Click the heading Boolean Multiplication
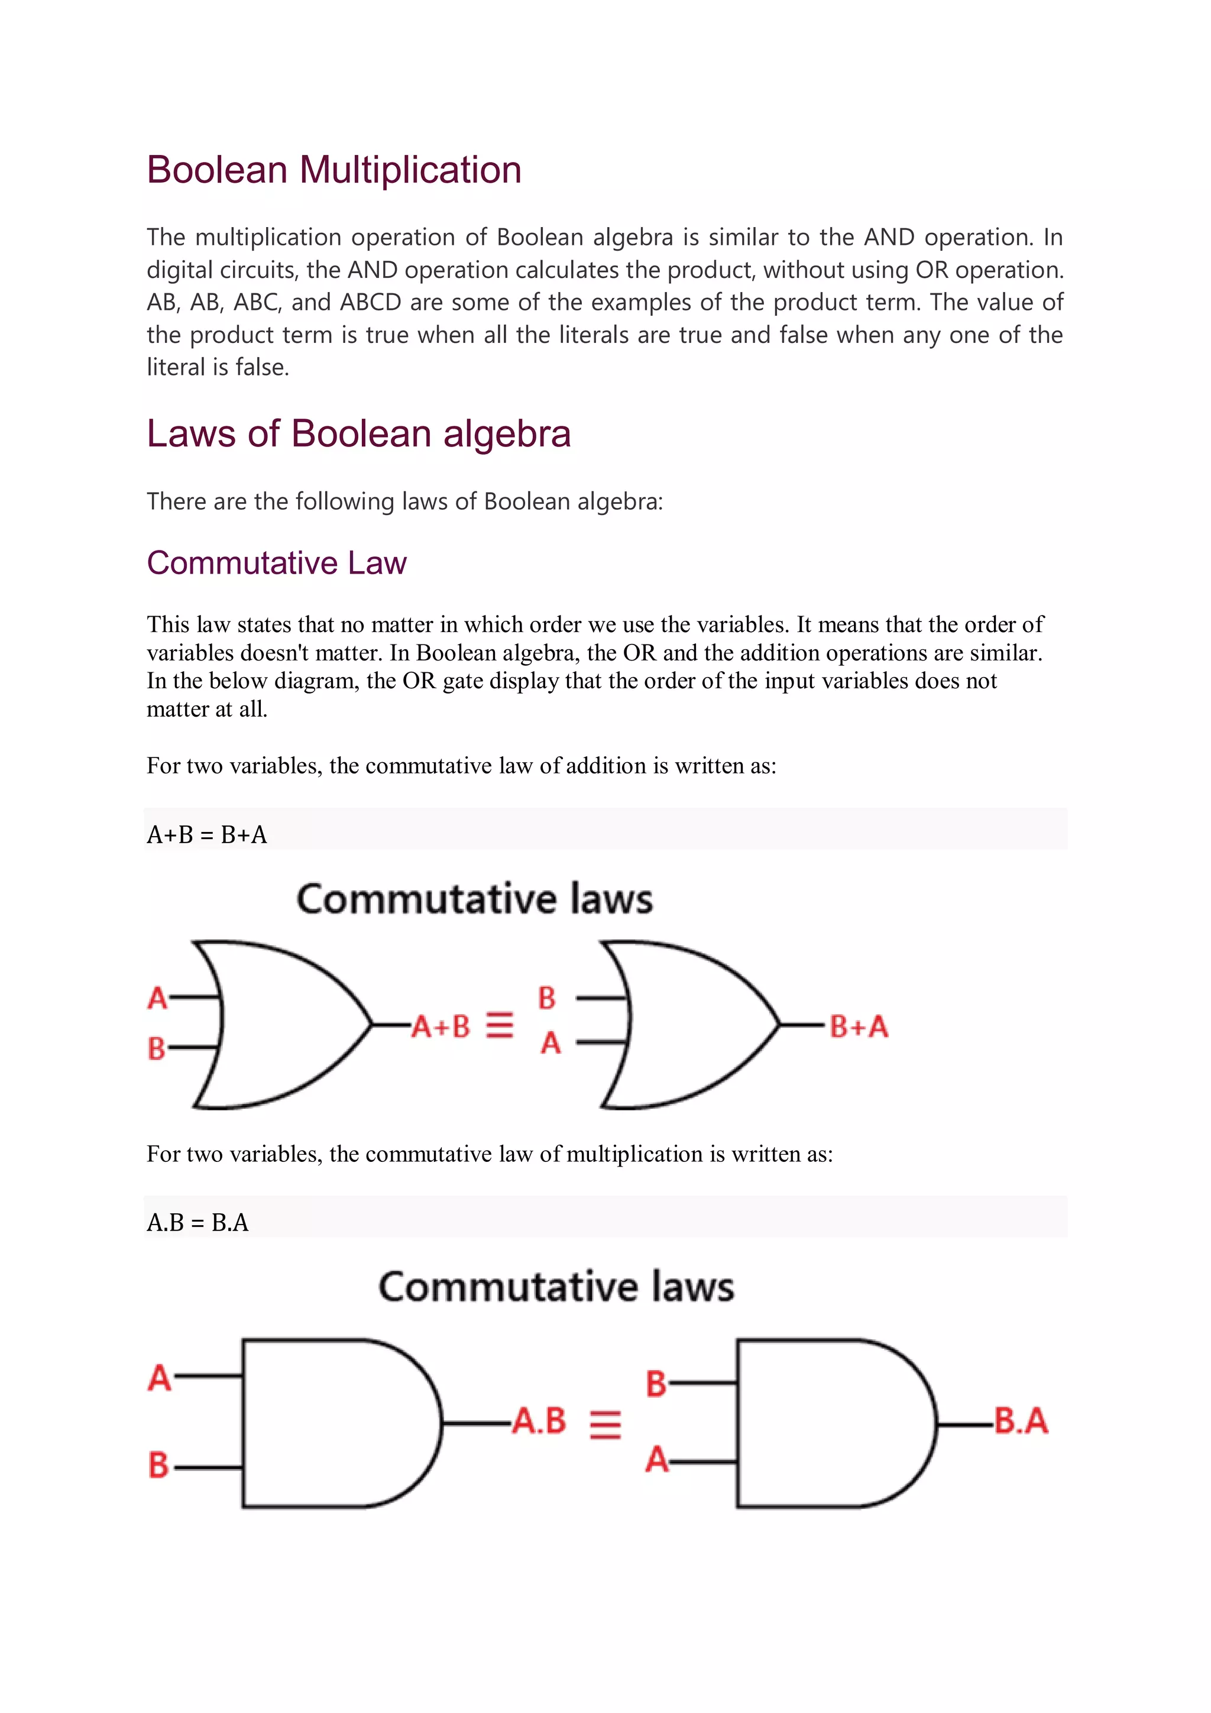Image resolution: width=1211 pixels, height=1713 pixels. pyautogui.click(x=333, y=170)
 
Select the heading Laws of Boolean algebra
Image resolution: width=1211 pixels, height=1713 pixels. pyautogui.click(x=358, y=433)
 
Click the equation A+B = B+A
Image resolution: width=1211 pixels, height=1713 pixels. pyautogui.click(x=207, y=834)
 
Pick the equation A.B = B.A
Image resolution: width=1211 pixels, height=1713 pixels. pyautogui.click(x=197, y=1222)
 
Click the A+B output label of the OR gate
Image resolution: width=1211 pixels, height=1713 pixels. pyautogui.click(x=441, y=1026)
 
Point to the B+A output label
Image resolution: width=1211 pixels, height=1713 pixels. pyautogui.click(x=858, y=1026)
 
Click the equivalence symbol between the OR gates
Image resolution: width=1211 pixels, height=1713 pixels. pyautogui.click(x=499, y=1025)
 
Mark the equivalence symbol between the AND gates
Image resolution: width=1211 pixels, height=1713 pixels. pyautogui.click(x=605, y=1423)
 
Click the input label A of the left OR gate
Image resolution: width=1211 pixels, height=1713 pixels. pyautogui.click(x=157, y=998)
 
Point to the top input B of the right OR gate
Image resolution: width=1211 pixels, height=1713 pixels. pyautogui.click(x=547, y=998)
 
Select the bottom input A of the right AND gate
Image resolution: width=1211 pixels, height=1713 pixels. pyautogui.click(x=656, y=1459)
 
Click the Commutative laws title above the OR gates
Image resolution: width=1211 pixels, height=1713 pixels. pyautogui.click(x=475, y=899)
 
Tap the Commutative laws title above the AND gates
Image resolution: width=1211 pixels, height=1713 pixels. pyautogui.click(x=556, y=1287)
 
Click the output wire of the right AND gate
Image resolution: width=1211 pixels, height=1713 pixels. pyautogui.click(x=964, y=1425)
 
